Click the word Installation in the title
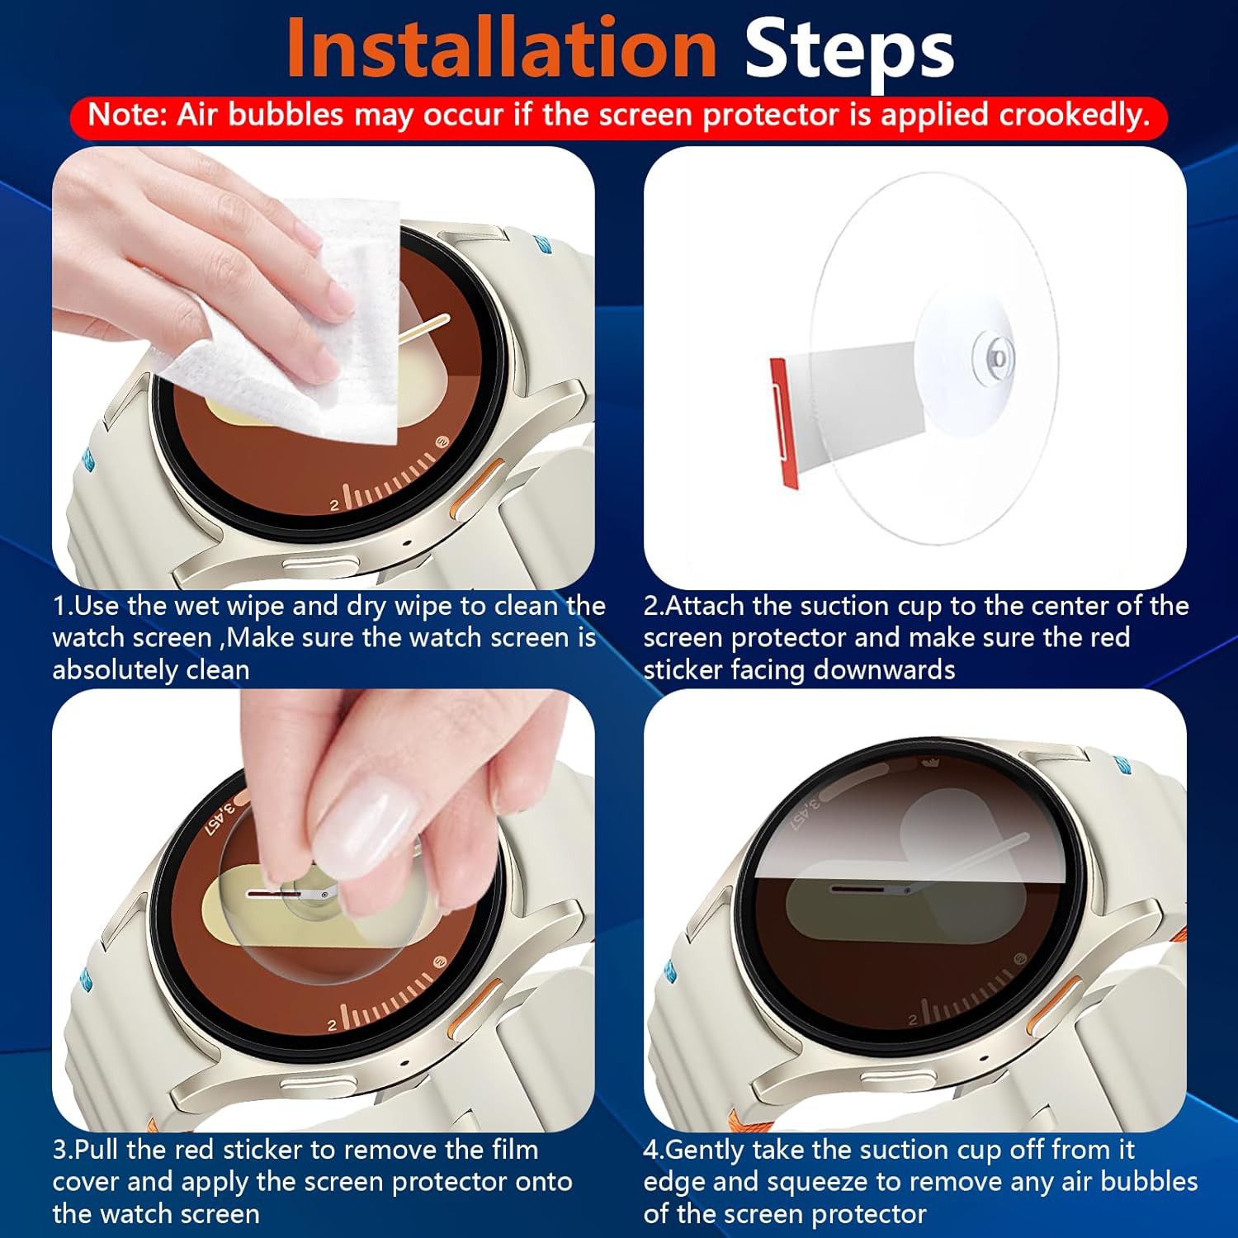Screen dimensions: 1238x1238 tap(502, 49)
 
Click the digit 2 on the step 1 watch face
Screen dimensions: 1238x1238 tap(334, 505)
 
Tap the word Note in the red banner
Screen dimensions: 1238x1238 tap(125, 115)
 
